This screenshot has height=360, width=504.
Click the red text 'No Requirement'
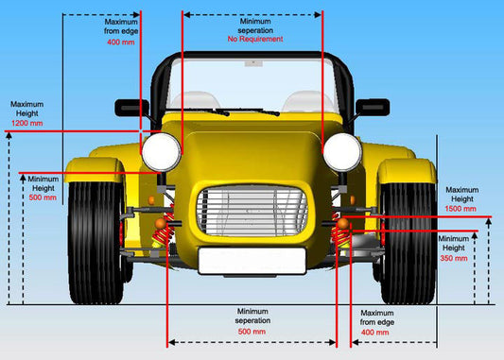point(255,41)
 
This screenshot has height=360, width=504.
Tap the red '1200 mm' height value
point(26,123)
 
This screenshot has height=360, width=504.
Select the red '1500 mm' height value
point(461,210)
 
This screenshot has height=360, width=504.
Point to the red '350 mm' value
point(454,257)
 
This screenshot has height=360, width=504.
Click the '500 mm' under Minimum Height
point(43,197)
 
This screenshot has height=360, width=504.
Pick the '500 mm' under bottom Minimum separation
point(252,332)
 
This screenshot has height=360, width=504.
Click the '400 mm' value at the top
point(120,42)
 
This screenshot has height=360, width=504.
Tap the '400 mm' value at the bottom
point(375,333)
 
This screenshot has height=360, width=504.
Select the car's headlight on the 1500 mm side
point(341,151)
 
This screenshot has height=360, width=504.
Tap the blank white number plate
point(252,261)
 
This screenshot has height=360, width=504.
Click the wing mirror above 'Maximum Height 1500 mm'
point(373,108)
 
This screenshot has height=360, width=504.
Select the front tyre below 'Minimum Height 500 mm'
point(96,241)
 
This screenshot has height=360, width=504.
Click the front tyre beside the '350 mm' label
point(408,241)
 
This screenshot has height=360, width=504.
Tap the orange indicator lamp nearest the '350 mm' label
point(344,225)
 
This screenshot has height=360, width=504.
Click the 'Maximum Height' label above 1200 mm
point(26,108)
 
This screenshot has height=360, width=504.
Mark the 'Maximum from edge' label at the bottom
point(376,317)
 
